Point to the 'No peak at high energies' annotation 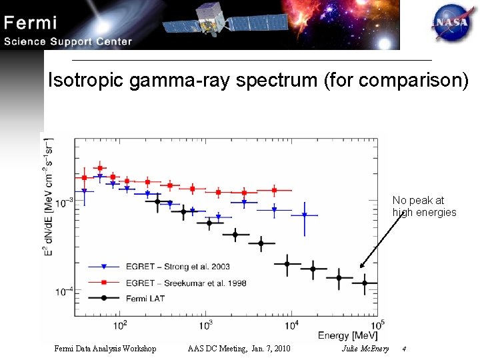pyautogui.click(x=424, y=206)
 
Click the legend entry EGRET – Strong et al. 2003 pyautogui.click(x=167, y=267)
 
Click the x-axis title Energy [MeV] pyautogui.click(x=347, y=335)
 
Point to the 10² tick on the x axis pyautogui.click(x=121, y=325)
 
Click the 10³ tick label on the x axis pyautogui.click(x=206, y=325)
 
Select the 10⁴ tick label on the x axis pyautogui.click(x=292, y=325)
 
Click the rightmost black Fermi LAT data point pyautogui.click(x=364, y=283)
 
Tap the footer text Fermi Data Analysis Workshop pyautogui.click(x=105, y=349)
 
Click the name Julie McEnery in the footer pyautogui.click(x=365, y=349)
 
